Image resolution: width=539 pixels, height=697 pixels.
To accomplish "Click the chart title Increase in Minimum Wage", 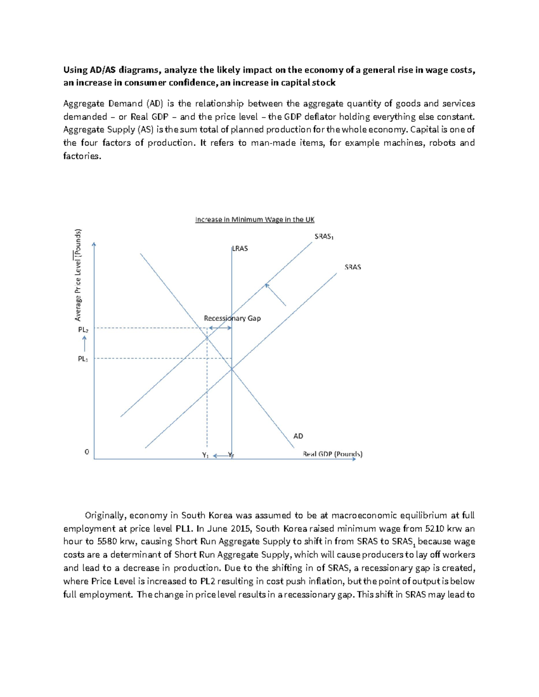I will pos(255,219).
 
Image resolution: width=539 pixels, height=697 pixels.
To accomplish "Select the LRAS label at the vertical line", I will pos(240,248).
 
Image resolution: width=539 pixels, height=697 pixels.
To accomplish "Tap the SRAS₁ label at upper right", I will pos(324,237).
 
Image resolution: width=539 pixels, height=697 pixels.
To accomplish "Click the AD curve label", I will pos(298,436).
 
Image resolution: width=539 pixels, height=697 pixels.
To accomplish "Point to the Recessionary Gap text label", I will pos(232,318).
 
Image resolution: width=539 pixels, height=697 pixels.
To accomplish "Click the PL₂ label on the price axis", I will pos(83,329).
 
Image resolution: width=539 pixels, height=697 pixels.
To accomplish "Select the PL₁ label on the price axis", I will pos(83,359).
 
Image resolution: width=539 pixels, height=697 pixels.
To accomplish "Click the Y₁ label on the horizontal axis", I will pos(205,455).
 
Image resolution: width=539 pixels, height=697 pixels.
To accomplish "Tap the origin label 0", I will pos(87,452).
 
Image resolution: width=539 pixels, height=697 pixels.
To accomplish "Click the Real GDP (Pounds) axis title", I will pos(332,454).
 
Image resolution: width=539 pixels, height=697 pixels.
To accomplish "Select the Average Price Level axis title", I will pos(78,275).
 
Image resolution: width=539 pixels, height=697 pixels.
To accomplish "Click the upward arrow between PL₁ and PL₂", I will pos(84,344).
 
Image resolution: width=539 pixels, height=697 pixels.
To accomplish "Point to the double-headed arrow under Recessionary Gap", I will pos(219,328).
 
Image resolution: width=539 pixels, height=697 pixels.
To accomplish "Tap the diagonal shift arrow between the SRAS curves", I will pos(275,294).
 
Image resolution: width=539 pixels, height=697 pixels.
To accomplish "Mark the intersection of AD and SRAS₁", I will pos(207,337).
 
